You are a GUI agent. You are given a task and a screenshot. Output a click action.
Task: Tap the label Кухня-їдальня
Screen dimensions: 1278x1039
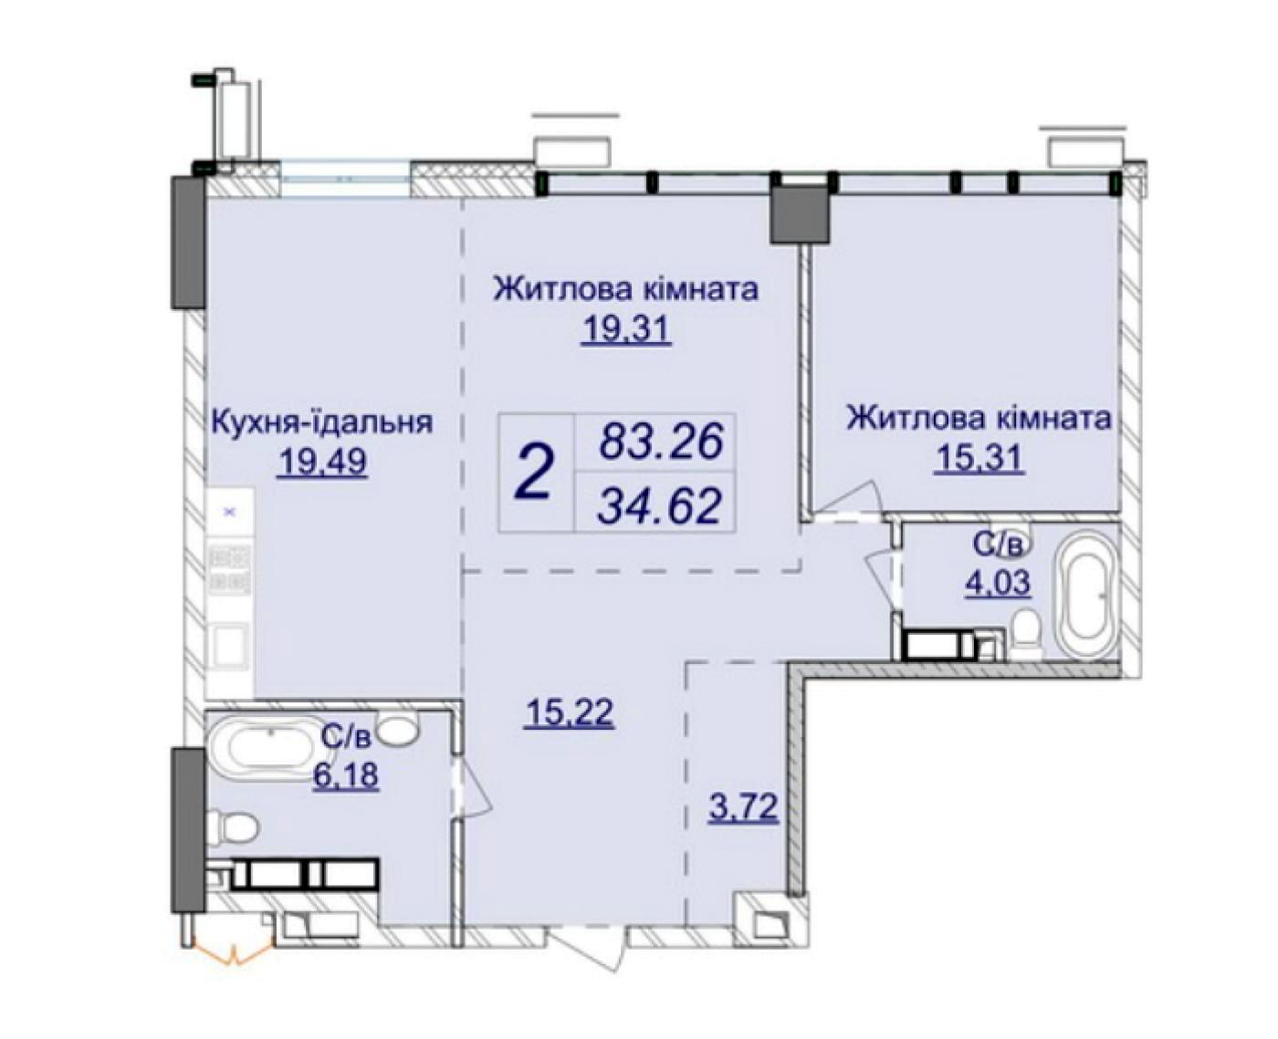pos(323,421)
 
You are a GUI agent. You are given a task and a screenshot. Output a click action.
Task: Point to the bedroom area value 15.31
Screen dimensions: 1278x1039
pos(978,460)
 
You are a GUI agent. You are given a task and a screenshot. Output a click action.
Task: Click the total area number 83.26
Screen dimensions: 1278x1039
pos(660,442)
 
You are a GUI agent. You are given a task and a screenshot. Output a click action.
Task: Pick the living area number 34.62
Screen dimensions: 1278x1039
pos(659,504)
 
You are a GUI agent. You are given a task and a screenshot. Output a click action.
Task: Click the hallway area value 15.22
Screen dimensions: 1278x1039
pos(569,712)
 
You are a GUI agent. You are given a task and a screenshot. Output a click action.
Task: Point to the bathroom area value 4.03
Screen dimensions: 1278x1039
pos(998,582)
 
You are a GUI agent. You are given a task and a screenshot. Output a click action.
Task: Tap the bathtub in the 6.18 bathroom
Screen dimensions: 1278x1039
pos(268,750)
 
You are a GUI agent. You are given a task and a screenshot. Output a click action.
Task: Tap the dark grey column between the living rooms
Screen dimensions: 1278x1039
pos(799,214)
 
